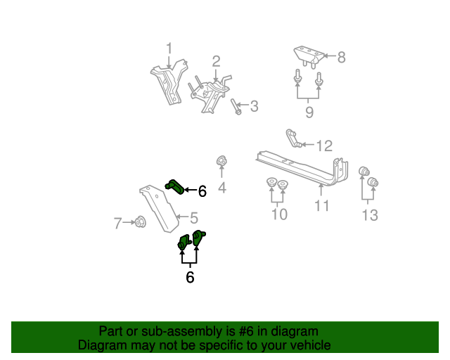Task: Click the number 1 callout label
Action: click(x=169, y=48)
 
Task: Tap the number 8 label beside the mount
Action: click(x=342, y=58)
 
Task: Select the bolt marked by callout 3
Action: click(x=236, y=106)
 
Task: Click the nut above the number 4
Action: click(x=221, y=161)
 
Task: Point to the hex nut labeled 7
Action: click(x=139, y=223)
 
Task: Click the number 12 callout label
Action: click(x=323, y=146)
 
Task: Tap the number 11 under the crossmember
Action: click(x=321, y=206)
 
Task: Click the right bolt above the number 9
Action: click(x=319, y=79)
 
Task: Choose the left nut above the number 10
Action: click(x=271, y=185)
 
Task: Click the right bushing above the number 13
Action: click(x=373, y=184)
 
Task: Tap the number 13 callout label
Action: click(x=370, y=214)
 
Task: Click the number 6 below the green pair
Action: click(x=190, y=278)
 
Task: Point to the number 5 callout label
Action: click(x=193, y=218)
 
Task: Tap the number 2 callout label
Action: click(x=216, y=62)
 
